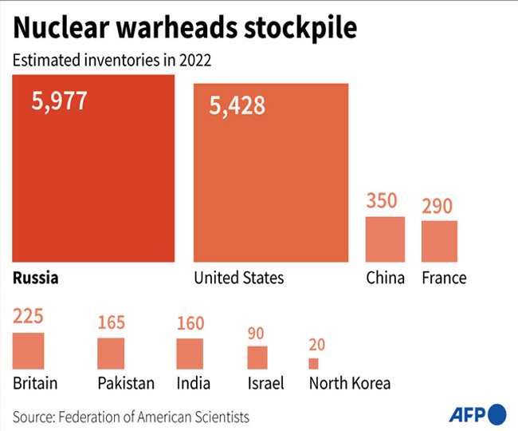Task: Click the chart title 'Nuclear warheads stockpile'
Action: tap(185, 29)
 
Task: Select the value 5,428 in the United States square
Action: tap(237, 105)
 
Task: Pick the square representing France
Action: tap(439, 241)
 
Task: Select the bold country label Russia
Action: tap(37, 279)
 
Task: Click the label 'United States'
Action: tap(239, 279)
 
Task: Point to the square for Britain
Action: tap(29, 350)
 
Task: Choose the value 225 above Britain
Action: tap(29, 318)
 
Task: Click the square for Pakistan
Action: tap(111, 352)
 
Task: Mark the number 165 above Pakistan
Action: tap(111, 323)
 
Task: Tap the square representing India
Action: tap(190, 353)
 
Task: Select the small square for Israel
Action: tap(257, 357)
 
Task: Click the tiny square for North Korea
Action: tap(313, 363)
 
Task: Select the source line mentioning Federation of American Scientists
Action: tap(131, 417)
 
